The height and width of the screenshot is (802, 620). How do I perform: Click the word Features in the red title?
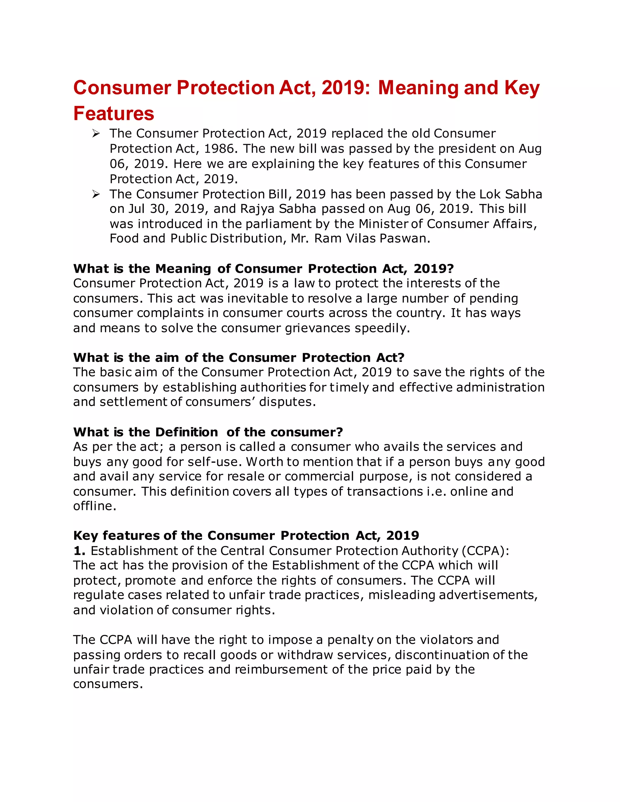click(x=114, y=113)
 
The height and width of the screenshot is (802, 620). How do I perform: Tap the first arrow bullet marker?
click(x=96, y=134)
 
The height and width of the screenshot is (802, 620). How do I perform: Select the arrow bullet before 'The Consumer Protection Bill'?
click(x=96, y=194)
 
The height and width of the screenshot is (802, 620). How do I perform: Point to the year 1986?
click(x=218, y=149)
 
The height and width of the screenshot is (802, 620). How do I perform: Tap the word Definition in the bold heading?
click(x=186, y=432)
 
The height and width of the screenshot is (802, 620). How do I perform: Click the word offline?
click(x=94, y=506)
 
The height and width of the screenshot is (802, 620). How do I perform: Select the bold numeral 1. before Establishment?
click(x=79, y=551)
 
